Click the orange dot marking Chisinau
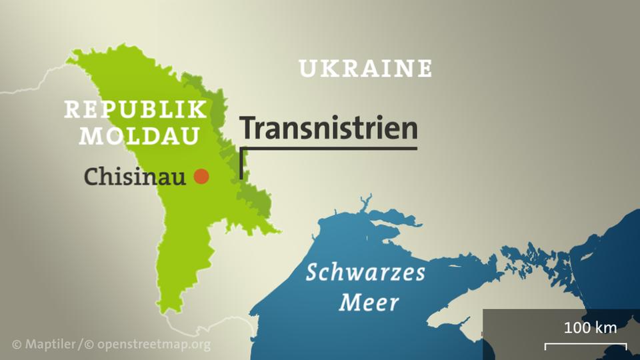click(201, 177)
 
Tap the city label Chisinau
click(135, 177)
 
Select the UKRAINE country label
click(365, 68)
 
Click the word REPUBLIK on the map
click(135, 110)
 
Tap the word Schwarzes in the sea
click(365, 273)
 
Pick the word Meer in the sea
click(369, 303)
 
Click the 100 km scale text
click(590, 327)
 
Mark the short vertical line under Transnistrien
click(241, 163)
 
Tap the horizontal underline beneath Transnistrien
click(329, 147)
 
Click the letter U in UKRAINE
click(307, 68)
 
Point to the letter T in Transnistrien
click(247, 128)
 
